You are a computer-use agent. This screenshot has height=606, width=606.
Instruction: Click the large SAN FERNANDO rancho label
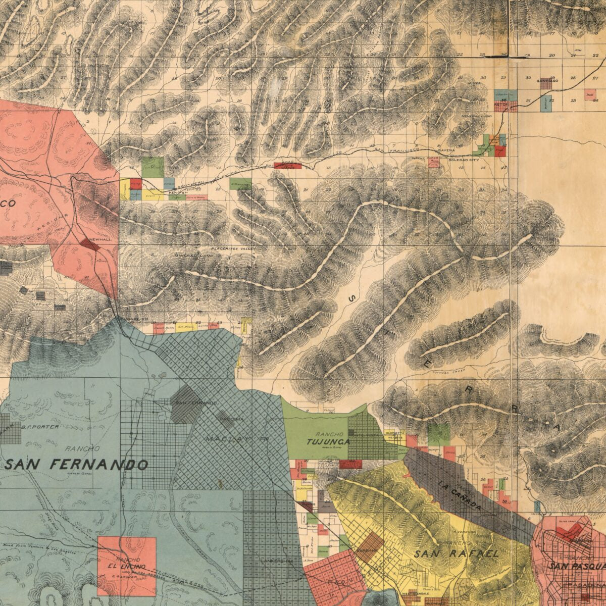(77, 465)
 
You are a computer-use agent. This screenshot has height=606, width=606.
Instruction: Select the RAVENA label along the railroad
(446, 150)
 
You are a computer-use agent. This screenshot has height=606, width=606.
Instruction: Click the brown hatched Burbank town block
(369, 547)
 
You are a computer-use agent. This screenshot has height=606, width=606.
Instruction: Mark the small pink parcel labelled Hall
(590, 94)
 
